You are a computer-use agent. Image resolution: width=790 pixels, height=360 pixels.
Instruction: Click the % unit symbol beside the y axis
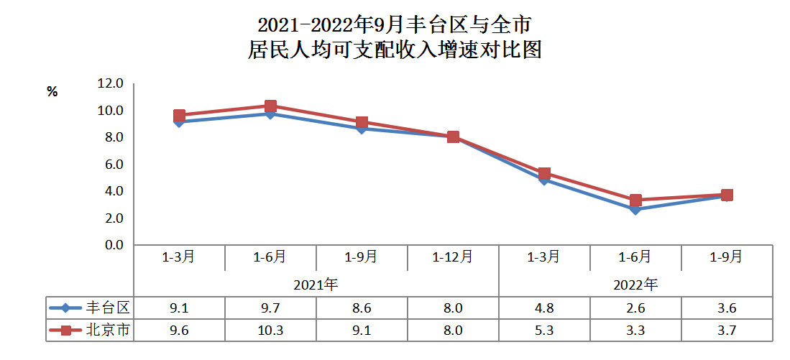pos(52,92)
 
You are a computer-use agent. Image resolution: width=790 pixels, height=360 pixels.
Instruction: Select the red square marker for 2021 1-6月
pos(271,106)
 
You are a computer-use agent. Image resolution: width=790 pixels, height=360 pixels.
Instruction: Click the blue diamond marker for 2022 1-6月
pos(635,209)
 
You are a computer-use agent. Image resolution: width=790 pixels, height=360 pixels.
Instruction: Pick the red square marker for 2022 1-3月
pos(544,174)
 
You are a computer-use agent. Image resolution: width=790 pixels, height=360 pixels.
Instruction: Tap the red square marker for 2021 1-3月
pos(180,116)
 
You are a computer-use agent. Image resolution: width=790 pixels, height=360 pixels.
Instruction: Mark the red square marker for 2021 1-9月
pos(362,123)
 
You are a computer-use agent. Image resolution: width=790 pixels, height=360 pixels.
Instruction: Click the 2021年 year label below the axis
pos(316,284)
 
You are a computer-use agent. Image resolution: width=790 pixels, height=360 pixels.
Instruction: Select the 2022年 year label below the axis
pos(635,284)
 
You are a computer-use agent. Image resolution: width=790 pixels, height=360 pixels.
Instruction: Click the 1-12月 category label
pos(453,257)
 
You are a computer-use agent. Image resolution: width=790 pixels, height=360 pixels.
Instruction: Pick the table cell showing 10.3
pos(270,331)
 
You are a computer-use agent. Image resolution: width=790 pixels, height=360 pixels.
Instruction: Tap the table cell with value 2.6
pos(635,308)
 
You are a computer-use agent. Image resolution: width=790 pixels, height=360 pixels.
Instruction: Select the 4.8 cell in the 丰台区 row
pos(544,308)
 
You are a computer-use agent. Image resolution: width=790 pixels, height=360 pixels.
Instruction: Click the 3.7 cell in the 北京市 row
pos(727,331)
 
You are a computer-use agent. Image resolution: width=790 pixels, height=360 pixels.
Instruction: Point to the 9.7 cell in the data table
pos(270,308)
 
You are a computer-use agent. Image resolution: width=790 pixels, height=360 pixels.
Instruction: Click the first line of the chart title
pos(394,26)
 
